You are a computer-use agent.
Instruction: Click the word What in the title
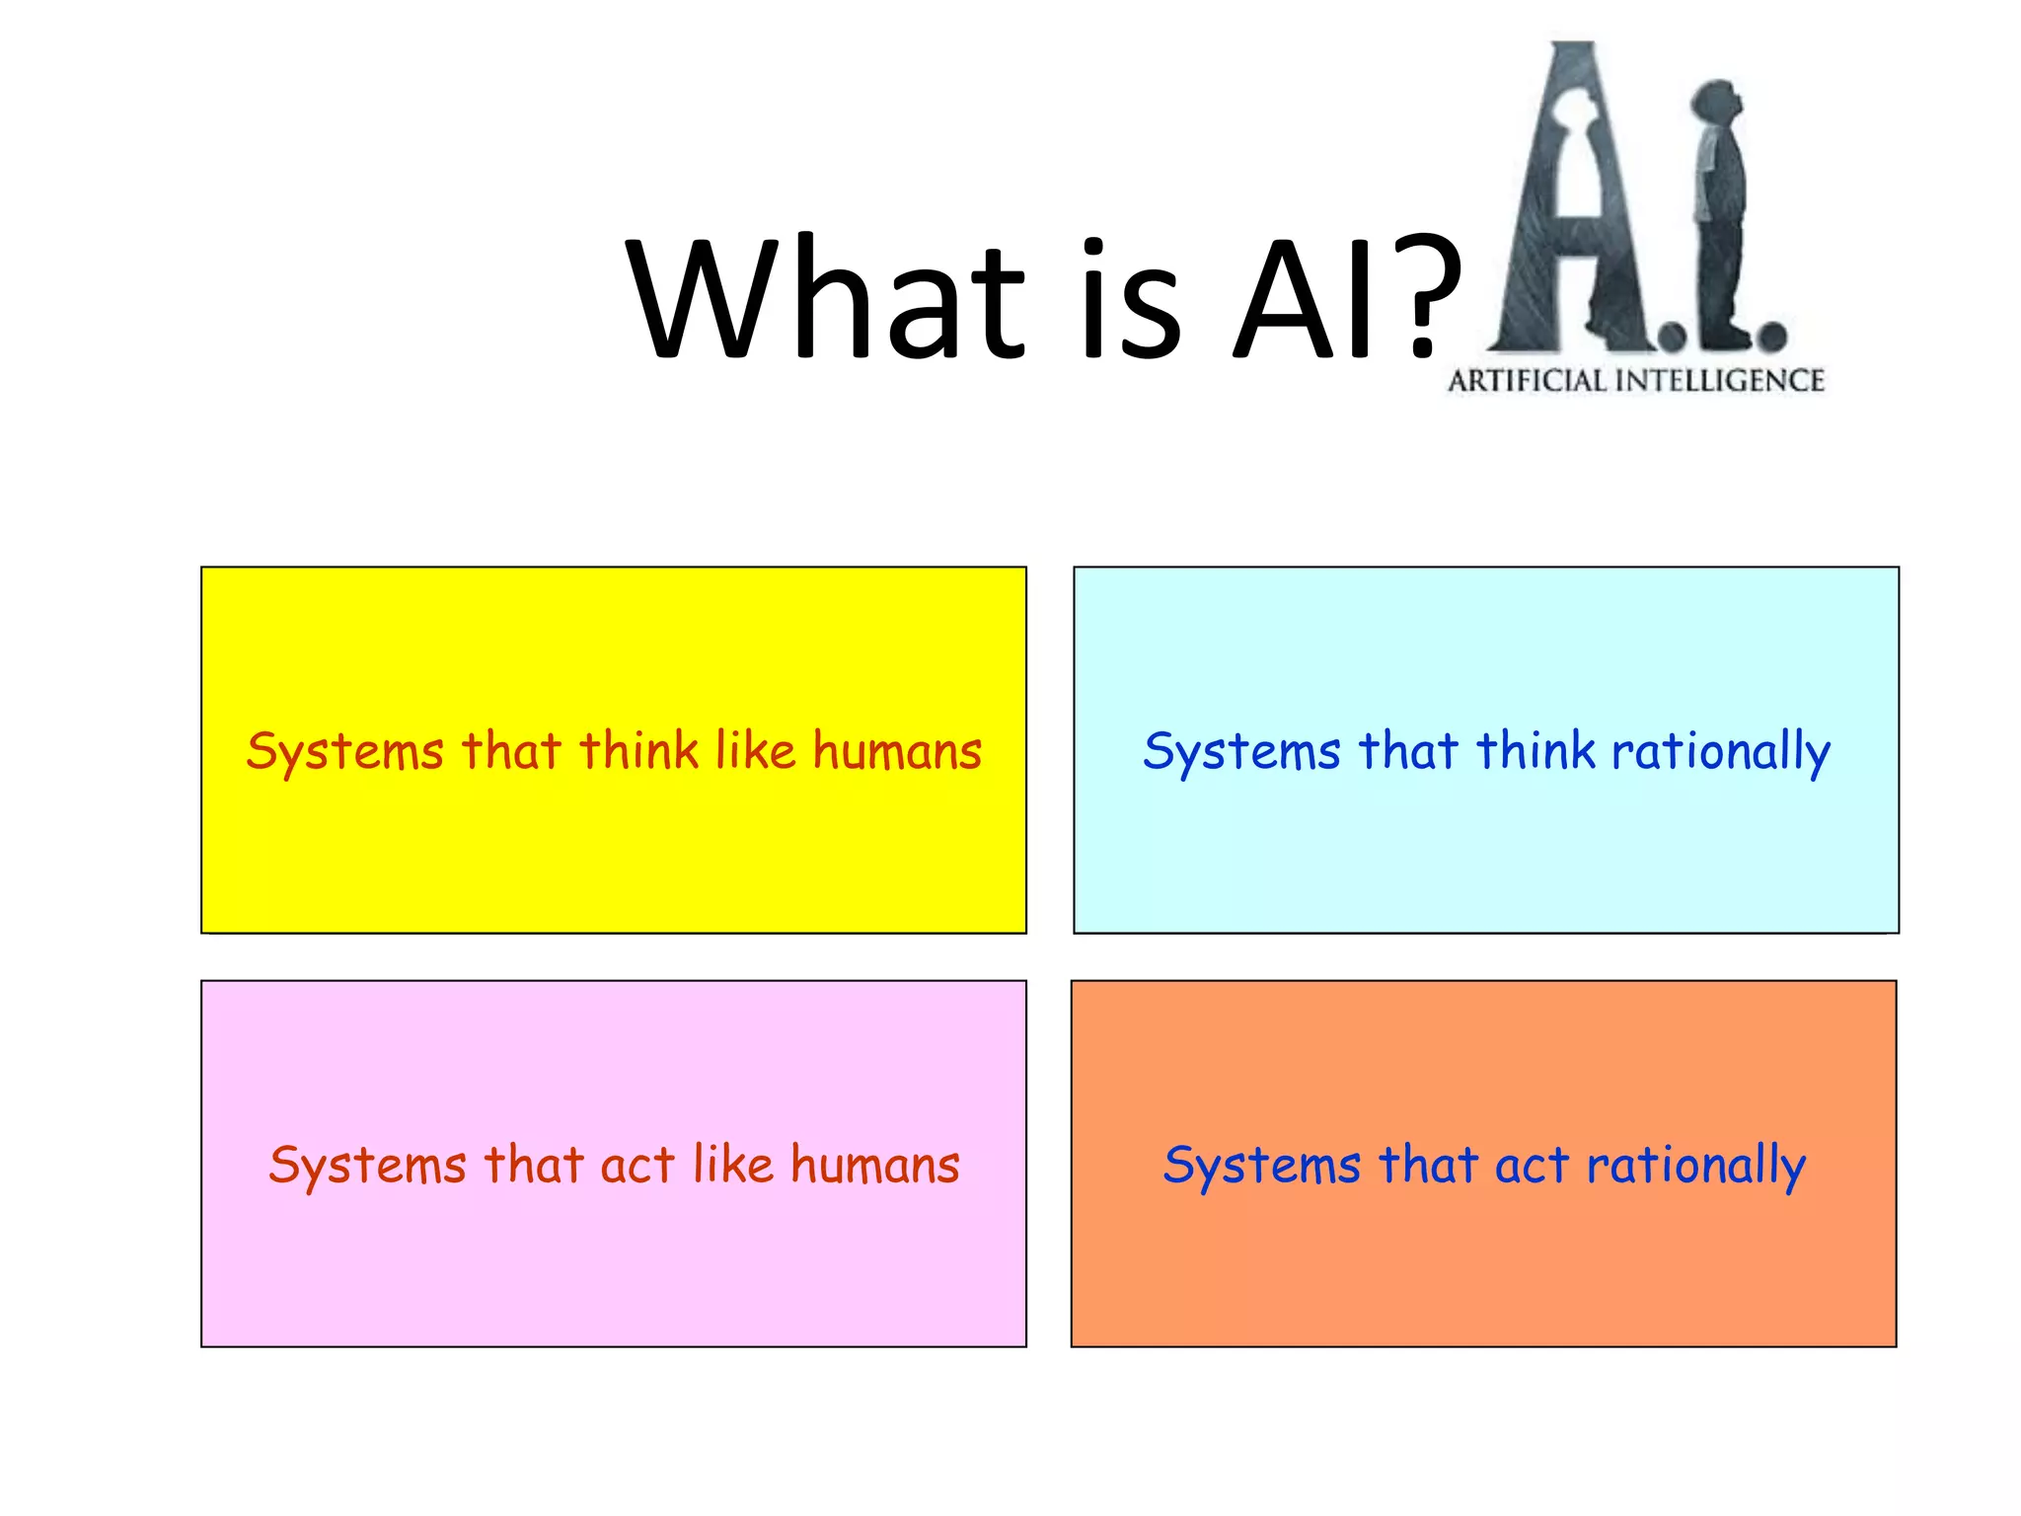click(x=827, y=297)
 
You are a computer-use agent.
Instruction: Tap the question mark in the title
click(x=1422, y=297)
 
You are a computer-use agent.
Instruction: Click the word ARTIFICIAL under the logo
click(x=1527, y=381)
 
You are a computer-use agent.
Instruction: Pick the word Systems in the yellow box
click(x=345, y=752)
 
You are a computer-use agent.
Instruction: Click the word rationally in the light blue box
click(x=1721, y=752)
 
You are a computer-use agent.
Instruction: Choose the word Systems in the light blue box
click(x=1242, y=752)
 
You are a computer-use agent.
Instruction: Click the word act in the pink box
click(x=637, y=1166)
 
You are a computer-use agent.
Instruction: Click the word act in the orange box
click(x=1532, y=1166)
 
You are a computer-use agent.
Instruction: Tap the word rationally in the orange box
click(x=1696, y=1166)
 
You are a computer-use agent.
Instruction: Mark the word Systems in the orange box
click(x=1262, y=1166)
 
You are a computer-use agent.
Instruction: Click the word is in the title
click(x=1131, y=297)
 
